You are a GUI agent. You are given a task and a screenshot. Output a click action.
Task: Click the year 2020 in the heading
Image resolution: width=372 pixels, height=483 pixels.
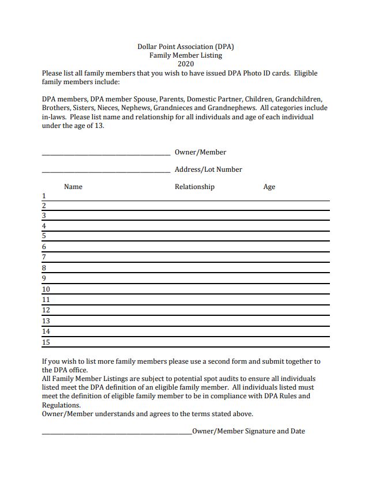click(186, 64)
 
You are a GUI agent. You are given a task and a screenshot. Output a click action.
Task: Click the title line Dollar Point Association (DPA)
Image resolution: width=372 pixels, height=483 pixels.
click(186, 47)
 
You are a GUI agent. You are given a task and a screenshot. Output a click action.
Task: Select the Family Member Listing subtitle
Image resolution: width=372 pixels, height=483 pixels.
click(186, 55)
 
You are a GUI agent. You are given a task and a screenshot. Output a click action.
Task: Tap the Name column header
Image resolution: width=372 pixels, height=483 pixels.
click(73, 187)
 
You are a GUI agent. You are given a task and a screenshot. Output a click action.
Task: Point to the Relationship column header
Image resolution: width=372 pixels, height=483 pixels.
click(194, 187)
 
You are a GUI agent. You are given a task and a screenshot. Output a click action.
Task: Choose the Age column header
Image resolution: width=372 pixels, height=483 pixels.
click(269, 187)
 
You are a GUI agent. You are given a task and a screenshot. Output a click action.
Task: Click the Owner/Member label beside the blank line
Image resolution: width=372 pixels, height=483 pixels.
click(200, 152)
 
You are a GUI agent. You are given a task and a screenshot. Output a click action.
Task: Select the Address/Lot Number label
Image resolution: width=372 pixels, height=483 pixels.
click(208, 169)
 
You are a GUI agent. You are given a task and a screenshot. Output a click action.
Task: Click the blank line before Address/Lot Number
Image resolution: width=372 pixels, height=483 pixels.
click(106, 171)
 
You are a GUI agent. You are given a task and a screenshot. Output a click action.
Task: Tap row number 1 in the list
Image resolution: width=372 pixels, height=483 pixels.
click(44, 196)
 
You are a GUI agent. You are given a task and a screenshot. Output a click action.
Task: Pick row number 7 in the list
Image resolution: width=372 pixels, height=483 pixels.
click(44, 257)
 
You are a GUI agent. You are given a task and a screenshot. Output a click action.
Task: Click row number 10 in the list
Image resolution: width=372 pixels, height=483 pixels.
click(46, 289)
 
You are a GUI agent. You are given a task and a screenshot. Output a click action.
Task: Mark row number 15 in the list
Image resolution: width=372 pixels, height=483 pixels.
click(46, 342)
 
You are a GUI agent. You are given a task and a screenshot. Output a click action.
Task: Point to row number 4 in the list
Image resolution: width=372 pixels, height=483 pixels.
click(44, 226)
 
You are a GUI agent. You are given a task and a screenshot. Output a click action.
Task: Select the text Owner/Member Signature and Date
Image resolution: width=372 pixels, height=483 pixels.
click(249, 431)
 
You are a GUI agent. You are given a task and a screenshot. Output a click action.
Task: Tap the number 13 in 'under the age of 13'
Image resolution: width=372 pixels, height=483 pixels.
click(100, 126)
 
